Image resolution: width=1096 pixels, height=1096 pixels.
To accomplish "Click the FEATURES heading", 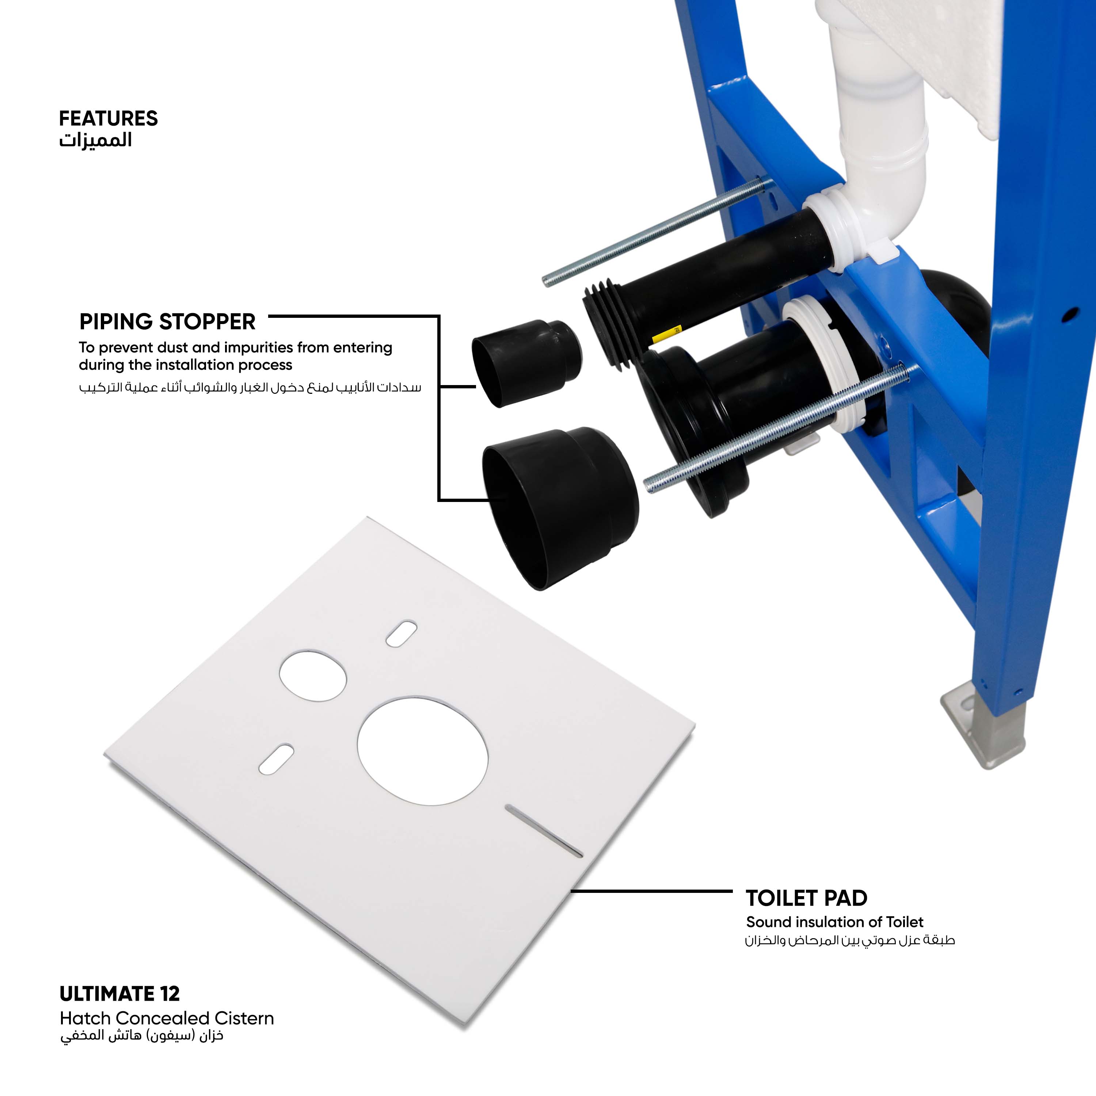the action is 109,119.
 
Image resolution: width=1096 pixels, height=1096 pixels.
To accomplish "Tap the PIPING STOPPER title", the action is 167,321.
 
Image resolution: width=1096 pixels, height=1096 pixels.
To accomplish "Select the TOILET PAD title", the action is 806,898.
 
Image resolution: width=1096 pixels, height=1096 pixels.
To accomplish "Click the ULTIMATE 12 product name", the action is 120,993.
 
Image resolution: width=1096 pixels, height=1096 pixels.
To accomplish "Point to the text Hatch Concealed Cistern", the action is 167,1018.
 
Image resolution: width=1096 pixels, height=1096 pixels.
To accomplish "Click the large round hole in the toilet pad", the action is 423,751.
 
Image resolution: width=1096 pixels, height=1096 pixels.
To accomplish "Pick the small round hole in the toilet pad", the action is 313,675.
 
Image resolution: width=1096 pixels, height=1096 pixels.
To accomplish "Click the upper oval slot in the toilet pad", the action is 401,633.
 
